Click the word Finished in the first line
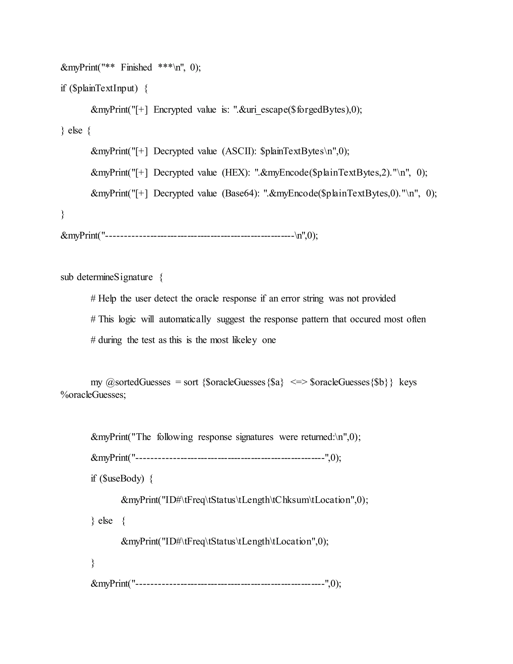[136, 67]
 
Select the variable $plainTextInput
[103, 88]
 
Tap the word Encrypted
[173, 109]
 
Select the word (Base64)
[240, 193]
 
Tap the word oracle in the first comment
[207, 299]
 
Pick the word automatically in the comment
[185, 319]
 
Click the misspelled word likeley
[244, 340]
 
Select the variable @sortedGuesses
[138, 382]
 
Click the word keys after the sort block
[408, 382]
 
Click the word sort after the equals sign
[191, 382]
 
